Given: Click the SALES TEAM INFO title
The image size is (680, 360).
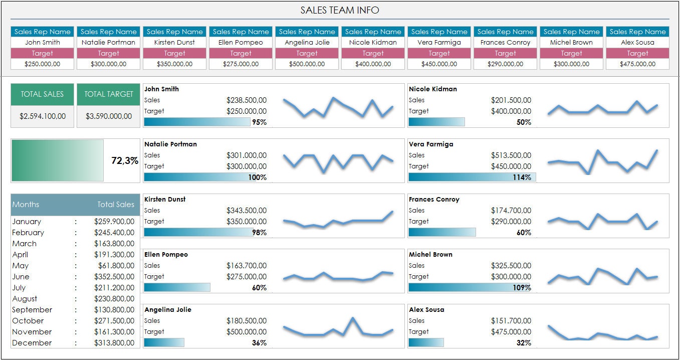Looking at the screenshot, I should [340, 10].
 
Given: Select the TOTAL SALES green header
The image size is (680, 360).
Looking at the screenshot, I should [42, 94].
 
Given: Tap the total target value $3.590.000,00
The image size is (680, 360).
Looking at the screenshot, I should [109, 116].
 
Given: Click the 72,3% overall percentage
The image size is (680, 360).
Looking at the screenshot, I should [124, 161].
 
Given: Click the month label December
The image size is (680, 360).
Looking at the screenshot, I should [32, 343].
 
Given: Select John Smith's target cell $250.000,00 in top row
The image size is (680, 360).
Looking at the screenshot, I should [43, 64].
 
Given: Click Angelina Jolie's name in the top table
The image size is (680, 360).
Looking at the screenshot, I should [307, 43].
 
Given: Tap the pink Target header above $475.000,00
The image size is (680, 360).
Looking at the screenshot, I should [637, 53].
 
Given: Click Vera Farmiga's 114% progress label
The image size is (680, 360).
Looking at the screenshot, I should [522, 177].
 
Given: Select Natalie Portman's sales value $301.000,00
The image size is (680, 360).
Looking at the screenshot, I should [246, 155].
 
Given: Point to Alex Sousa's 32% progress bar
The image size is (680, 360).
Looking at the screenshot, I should [426, 342].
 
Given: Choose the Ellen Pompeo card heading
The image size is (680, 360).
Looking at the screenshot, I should [166, 255].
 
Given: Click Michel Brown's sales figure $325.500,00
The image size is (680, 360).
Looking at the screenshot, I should [511, 266].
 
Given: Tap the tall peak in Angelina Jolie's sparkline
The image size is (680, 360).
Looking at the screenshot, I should [353, 318].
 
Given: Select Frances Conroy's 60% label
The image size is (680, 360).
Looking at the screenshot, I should [524, 233].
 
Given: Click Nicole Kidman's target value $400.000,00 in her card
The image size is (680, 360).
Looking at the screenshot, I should [511, 111].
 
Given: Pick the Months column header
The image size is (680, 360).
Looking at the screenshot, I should [26, 205].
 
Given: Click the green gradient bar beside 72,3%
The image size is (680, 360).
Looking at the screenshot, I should [57, 160].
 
